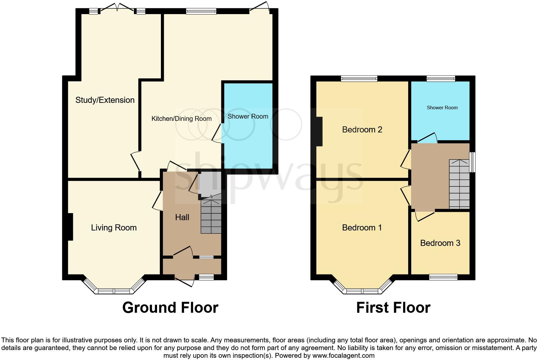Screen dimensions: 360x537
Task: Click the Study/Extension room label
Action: pos(105,100)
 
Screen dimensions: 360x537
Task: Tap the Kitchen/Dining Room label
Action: pos(181,119)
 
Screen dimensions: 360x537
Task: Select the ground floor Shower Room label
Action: pos(248,116)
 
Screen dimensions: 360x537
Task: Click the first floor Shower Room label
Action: pos(442,108)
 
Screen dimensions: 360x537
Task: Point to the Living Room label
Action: pos(114,228)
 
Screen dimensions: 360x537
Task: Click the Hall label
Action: pos(182,217)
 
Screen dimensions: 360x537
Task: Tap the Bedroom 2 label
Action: pos(362,130)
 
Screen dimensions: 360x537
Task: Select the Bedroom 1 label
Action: pos(362,228)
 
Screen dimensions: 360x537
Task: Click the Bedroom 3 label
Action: pos(440,243)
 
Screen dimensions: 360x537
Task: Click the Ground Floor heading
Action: pos(170,308)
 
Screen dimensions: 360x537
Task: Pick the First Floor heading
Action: pos(393,308)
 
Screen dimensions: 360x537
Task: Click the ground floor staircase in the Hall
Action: pos(211,217)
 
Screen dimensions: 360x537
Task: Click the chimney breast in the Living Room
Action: pos(70,227)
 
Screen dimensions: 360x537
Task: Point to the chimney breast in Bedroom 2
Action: pos(319,131)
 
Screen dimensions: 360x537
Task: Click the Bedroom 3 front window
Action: pos(444,277)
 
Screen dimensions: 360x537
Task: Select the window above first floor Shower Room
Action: pos(441,78)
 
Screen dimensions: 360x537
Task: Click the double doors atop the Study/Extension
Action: pos(117,10)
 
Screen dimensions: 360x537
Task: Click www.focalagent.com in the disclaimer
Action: pos(343,355)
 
